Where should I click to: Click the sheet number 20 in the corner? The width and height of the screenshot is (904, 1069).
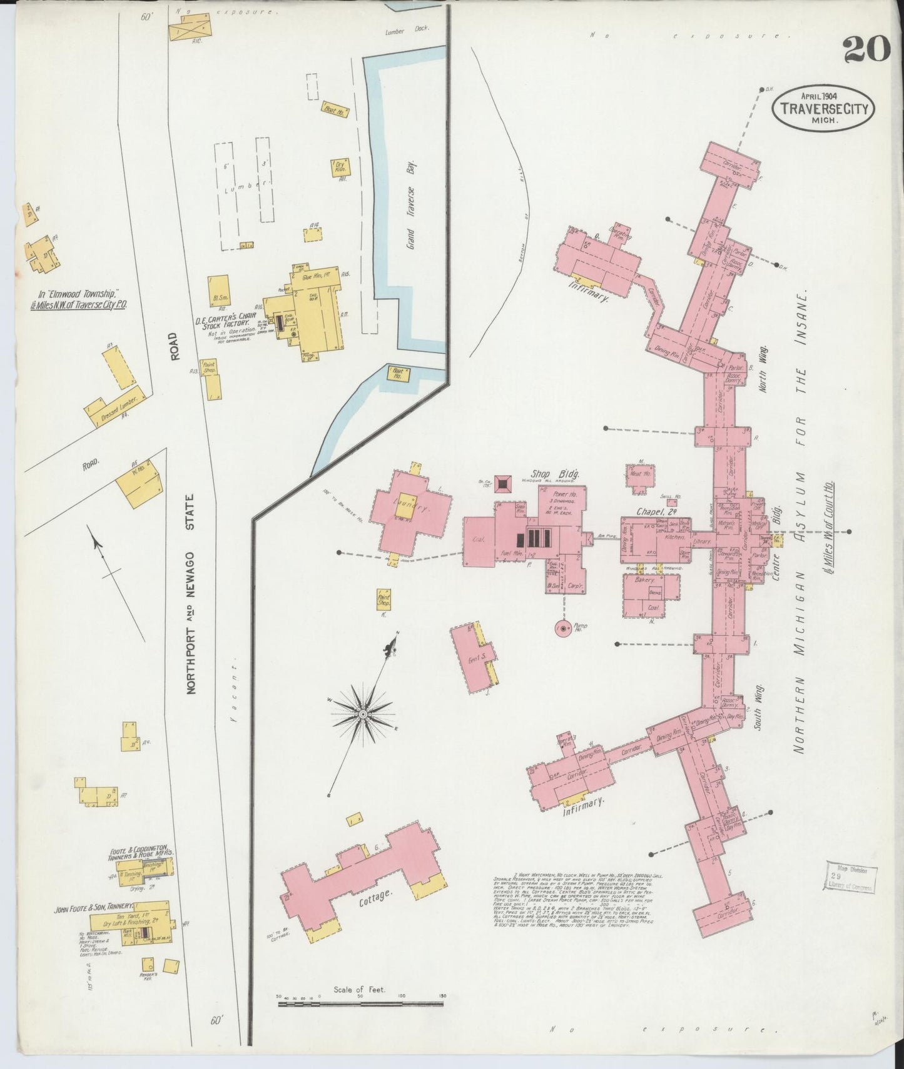(866, 49)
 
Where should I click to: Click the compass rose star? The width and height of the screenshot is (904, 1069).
(363, 713)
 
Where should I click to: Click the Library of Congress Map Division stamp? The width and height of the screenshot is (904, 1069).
(850, 877)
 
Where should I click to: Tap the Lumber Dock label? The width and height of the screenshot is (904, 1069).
(404, 31)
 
